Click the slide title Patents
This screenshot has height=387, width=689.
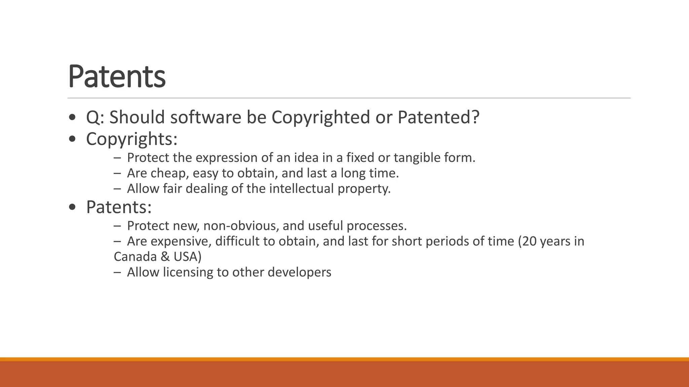point(117,77)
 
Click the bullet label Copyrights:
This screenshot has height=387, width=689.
point(132,139)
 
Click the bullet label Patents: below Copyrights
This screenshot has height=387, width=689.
point(119,207)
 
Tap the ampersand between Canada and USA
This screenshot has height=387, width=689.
point(165,257)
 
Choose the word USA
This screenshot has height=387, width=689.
point(185,257)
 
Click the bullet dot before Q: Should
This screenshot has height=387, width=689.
point(72,118)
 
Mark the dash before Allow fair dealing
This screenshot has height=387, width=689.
point(117,189)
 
